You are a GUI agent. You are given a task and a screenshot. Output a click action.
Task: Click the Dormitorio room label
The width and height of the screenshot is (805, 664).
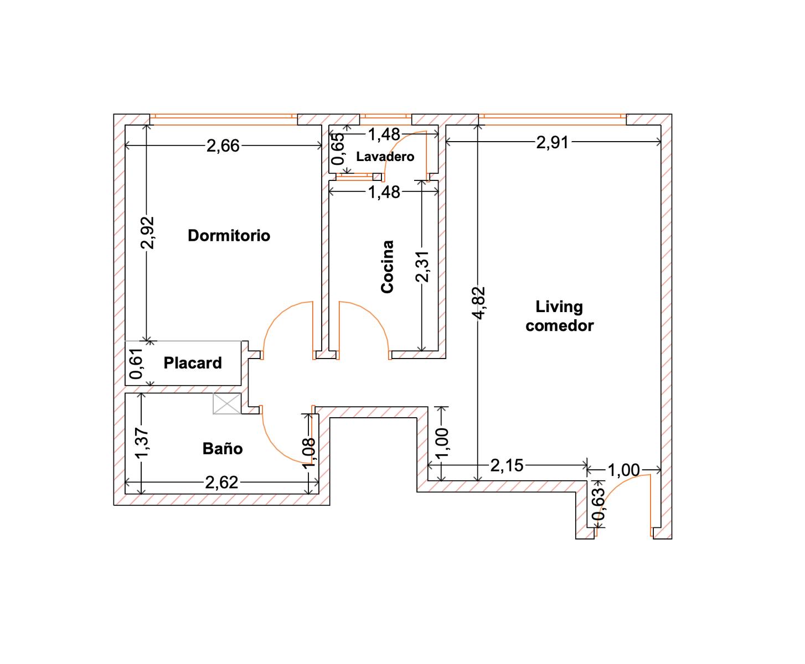[x=229, y=236]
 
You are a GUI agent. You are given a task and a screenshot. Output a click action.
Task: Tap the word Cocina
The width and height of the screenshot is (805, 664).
[x=387, y=267]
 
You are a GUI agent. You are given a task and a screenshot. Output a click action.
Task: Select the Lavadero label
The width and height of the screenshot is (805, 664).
[x=385, y=157]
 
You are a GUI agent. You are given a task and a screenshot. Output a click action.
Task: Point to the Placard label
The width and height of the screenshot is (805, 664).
[x=193, y=363]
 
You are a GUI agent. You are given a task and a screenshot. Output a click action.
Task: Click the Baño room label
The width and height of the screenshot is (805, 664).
[x=223, y=448]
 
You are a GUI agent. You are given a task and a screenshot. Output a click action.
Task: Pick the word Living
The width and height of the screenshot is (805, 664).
[x=559, y=307]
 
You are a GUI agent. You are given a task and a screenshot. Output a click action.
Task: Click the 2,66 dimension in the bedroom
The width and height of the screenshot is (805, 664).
[x=223, y=146]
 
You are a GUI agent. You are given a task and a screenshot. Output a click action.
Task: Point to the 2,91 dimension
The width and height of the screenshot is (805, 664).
[x=553, y=143]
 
